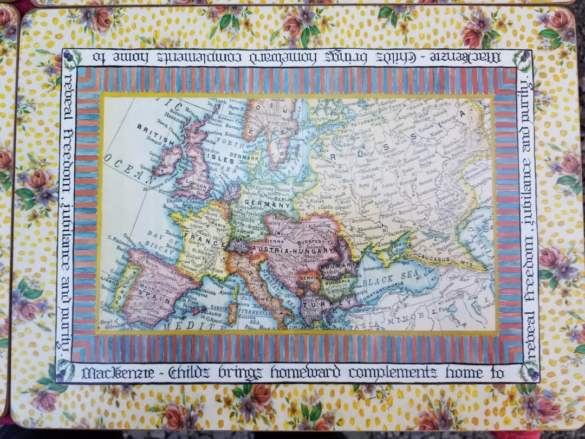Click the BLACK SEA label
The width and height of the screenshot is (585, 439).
(388, 281)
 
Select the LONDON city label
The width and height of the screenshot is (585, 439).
(196, 184)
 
